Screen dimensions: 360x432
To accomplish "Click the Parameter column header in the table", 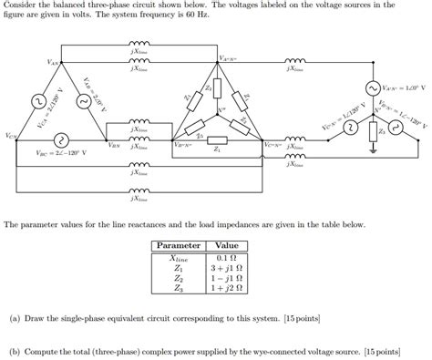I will [179, 245].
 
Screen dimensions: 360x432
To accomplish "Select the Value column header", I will [226, 245].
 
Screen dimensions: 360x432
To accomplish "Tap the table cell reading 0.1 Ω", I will [226, 257].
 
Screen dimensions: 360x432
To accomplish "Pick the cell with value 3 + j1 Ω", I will [226, 268].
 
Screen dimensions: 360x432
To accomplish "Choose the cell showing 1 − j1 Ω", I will [226, 278].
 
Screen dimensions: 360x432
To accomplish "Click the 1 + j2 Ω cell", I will [226, 289].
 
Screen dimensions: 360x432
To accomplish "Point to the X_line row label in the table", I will [179, 257].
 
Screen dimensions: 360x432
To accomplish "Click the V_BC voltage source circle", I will [59, 139].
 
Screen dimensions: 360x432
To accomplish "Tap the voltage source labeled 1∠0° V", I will [372, 88].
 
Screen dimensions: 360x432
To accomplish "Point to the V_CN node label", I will [10, 137].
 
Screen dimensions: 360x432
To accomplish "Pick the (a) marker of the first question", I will [15, 320].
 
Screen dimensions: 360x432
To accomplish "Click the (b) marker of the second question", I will [15, 349].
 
